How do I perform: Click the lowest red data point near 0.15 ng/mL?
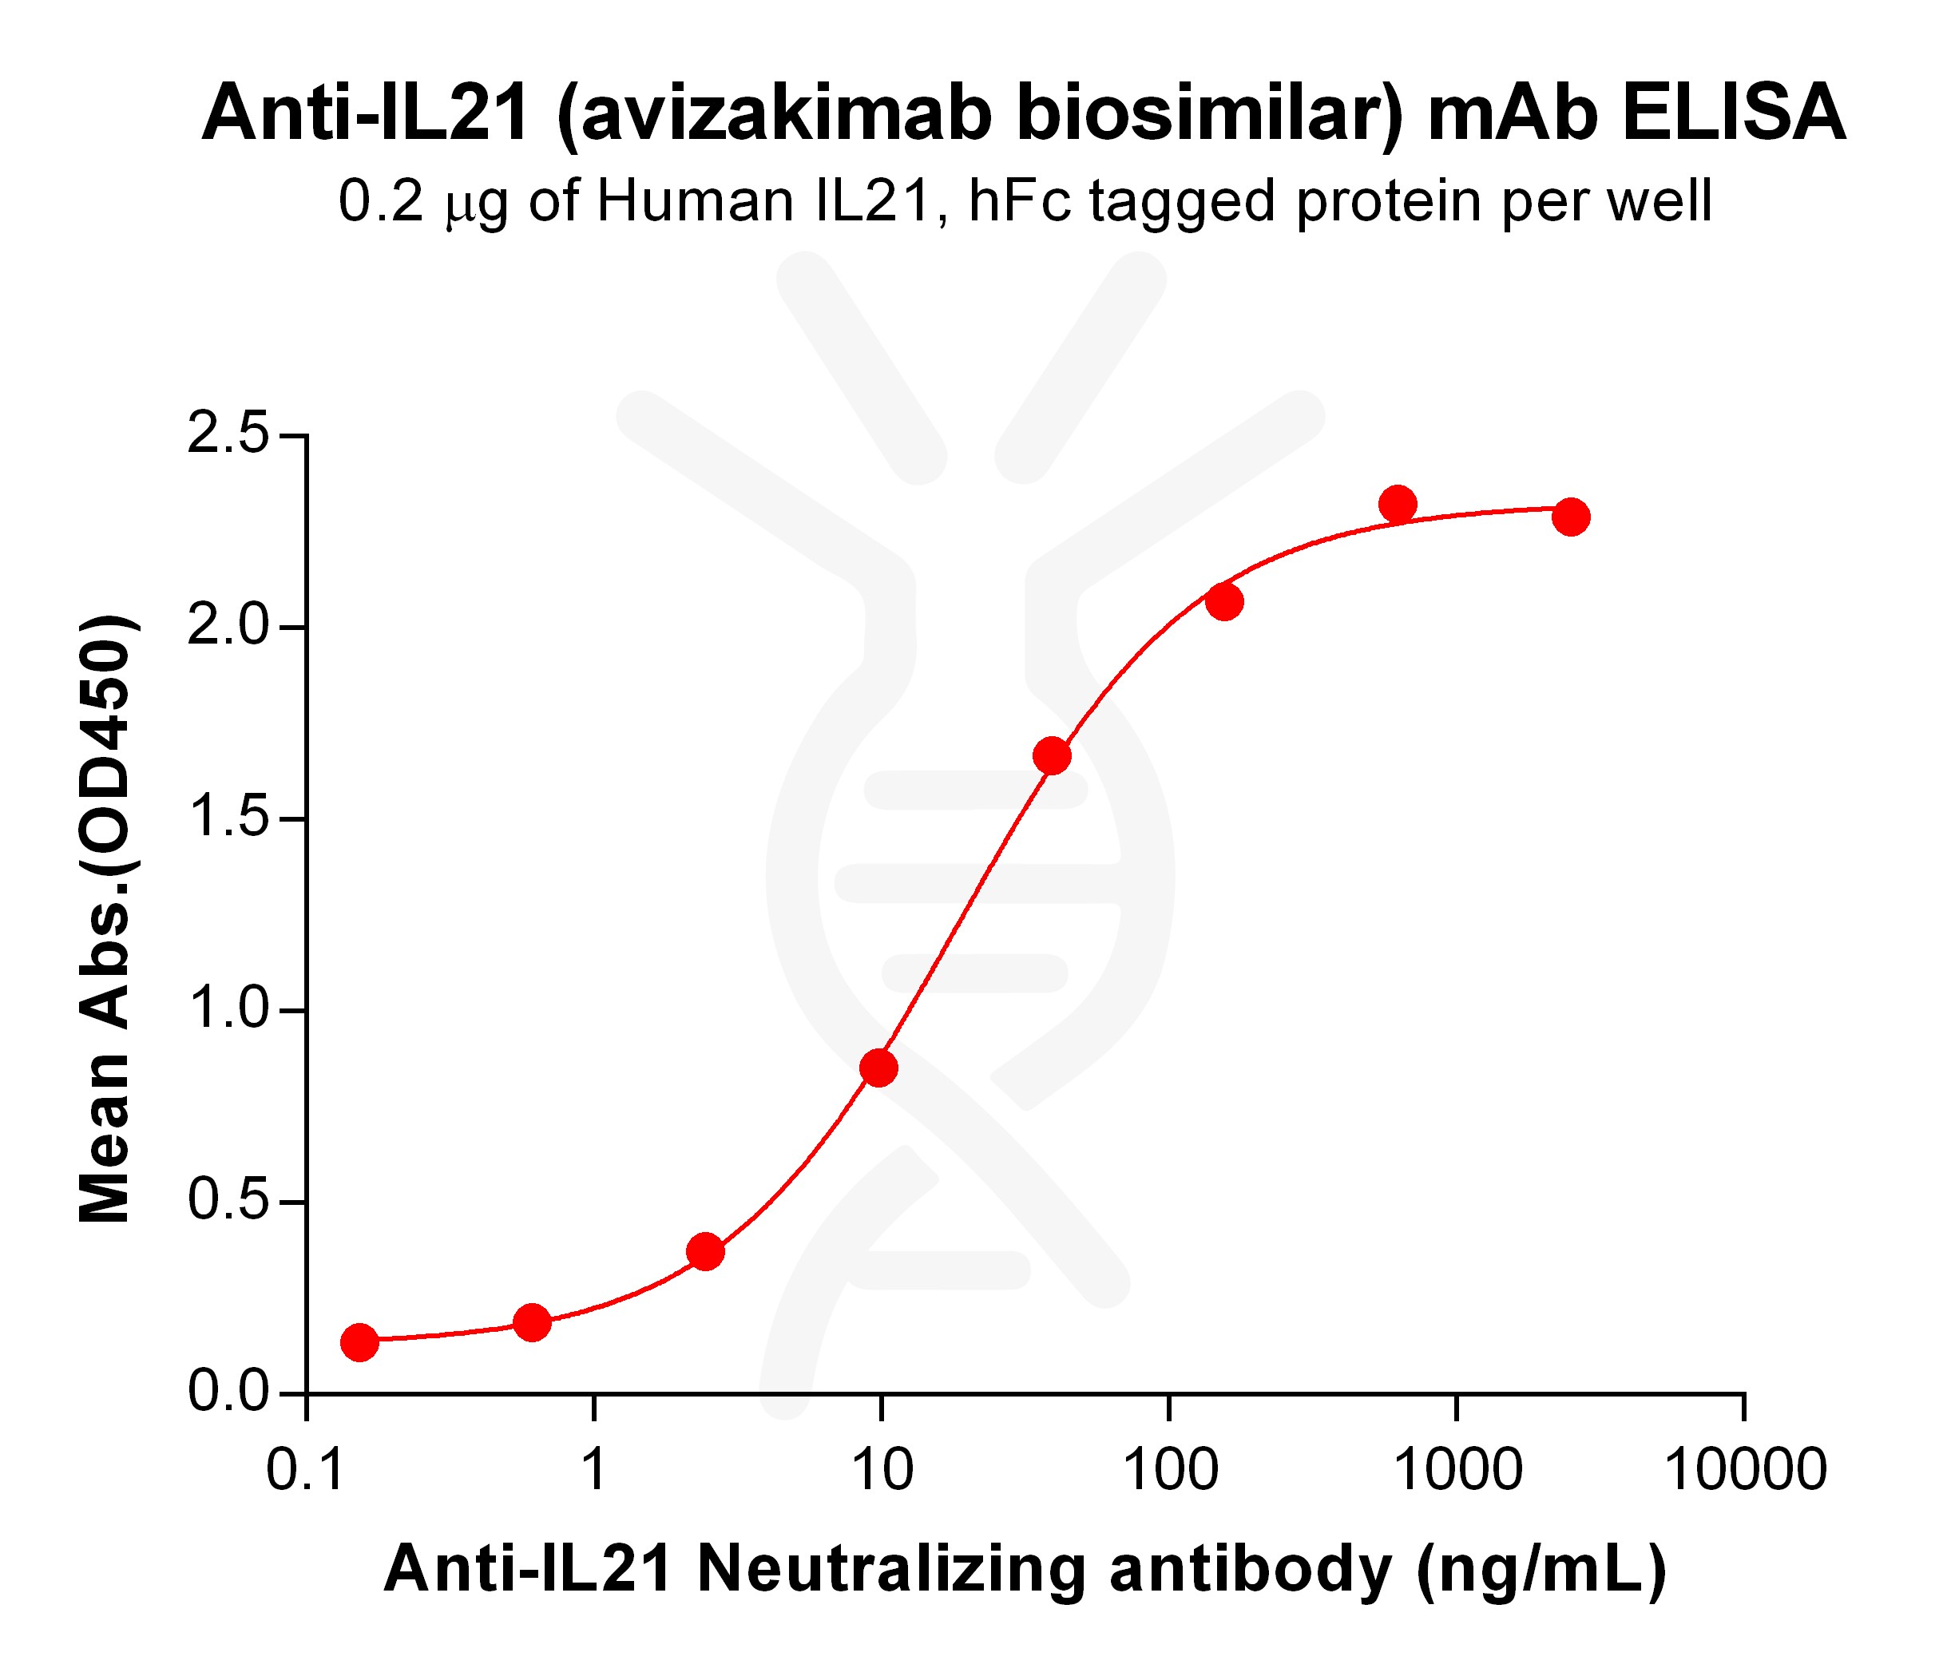coord(359,1342)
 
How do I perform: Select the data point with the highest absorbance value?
coord(1398,504)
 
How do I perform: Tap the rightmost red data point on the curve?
coord(1571,516)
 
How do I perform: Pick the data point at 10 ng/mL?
coord(878,1067)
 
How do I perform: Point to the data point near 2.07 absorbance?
coord(1223,601)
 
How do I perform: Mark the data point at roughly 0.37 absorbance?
coord(705,1251)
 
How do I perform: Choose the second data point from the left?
coord(532,1322)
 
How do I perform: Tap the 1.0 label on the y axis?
coord(228,1010)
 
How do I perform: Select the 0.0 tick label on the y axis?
coord(228,1393)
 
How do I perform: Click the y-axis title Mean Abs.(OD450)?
coord(105,919)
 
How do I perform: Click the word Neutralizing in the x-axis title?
coord(891,1569)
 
